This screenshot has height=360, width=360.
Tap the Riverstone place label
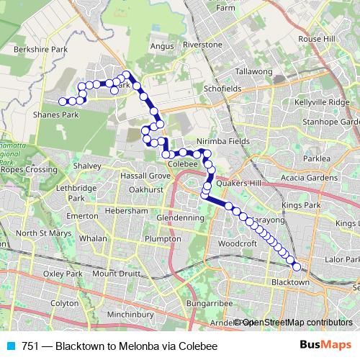click(202, 45)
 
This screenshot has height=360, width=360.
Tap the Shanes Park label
click(55, 114)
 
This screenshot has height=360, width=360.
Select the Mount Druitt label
click(114, 274)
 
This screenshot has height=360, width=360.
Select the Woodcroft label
click(237, 245)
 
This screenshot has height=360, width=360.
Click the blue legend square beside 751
click(9, 346)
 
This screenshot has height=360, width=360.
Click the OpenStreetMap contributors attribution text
click(296, 323)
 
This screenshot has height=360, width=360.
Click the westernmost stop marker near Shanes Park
click(63, 102)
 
